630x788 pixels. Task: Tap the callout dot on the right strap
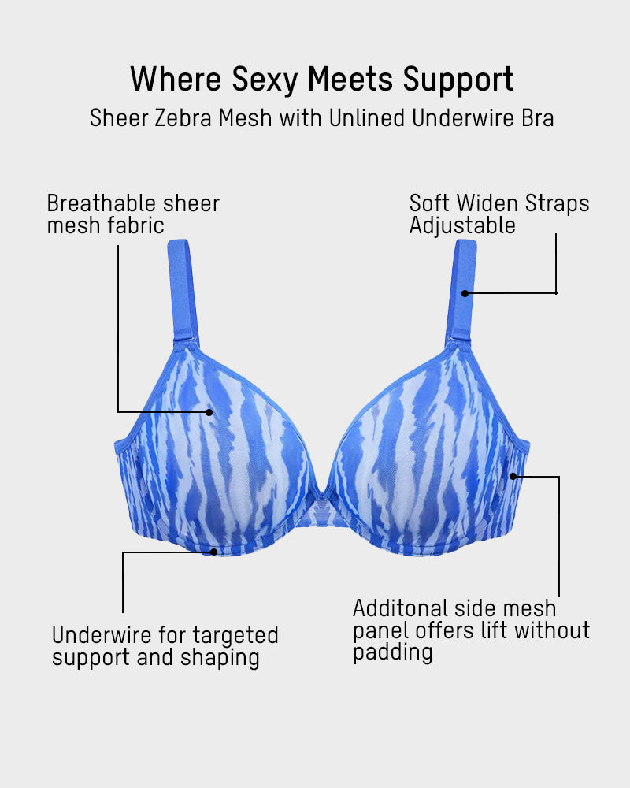click(x=465, y=293)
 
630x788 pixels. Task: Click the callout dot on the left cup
click(x=209, y=411)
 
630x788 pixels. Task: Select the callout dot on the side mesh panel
click(x=513, y=476)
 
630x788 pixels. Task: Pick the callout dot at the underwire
click(x=214, y=552)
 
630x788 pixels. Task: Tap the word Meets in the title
click(x=354, y=80)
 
